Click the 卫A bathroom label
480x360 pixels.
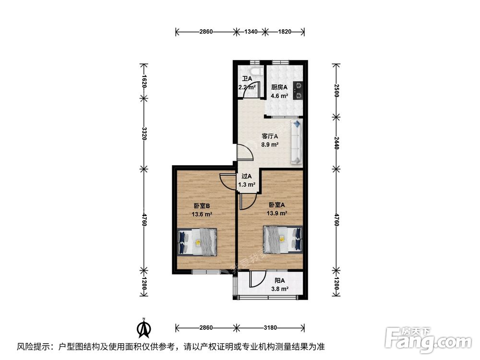coord(247,79)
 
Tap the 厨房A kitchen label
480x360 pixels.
coord(279,87)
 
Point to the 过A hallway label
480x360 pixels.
coord(246,176)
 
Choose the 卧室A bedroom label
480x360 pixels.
coord(277,205)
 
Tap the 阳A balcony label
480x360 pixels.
coord(280,281)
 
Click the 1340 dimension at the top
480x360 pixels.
coord(251,32)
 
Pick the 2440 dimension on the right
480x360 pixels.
coord(336,141)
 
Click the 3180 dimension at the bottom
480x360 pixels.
coord(270,327)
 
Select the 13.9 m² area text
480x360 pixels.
coord(277,213)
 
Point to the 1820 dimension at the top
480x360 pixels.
coord(285,32)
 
